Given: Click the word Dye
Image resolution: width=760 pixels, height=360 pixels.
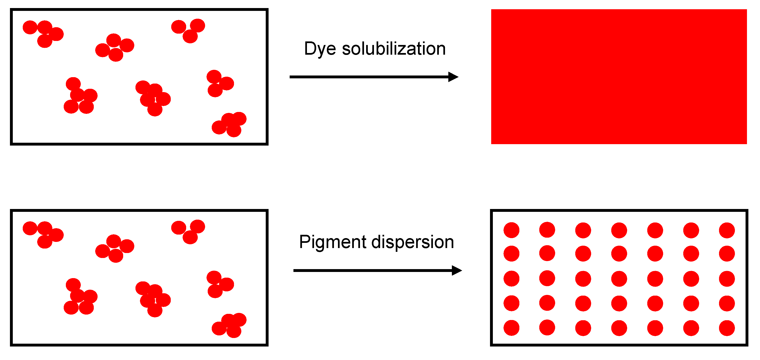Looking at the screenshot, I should pyautogui.click(x=319, y=49).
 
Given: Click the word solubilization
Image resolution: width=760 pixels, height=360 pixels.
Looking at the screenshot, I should pyautogui.click(x=394, y=49).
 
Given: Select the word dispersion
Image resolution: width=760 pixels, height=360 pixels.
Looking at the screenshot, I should pyautogui.click(x=413, y=242).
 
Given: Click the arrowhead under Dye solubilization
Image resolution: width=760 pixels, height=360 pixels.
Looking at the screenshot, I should pyautogui.click(x=453, y=77).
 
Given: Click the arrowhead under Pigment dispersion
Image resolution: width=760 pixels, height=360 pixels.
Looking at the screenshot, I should pyautogui.click(x=456, y=270).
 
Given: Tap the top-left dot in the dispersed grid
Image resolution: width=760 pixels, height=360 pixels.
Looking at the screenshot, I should pyautogui.click(x=511, y=230).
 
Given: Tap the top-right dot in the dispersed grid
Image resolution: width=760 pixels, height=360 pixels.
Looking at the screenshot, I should pyautogui.click(x=727, y=230).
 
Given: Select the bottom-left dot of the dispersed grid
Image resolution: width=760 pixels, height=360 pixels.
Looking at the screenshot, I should pyautogui.click(x=511, y=328).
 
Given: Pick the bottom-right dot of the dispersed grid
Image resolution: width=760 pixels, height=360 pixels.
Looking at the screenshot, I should pyautogui.click(x=727, y=328).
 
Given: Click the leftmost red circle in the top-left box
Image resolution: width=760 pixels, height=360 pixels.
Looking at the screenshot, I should pyautogui.click(x=30, y=27).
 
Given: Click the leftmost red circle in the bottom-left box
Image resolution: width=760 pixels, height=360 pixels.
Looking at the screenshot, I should pyautogui.click(x=30, y=228).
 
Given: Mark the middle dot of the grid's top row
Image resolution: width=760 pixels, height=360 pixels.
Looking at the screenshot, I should pyautogui.click(x=619, y=230).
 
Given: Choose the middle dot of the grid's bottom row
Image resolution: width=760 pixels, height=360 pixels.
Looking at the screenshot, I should pyautogui.click(x=619, y=328).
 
